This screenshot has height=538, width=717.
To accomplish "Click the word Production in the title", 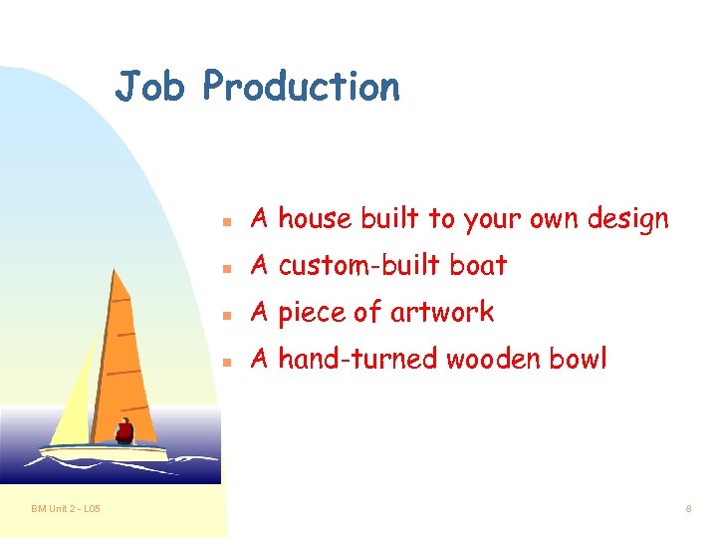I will pos(301,87).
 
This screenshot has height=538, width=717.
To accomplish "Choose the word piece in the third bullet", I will pos(312,313).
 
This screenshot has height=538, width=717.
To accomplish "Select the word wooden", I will pos(491,359).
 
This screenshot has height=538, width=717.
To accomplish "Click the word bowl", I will pos(577,359).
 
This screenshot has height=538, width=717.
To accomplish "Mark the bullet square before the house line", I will pos(227,219).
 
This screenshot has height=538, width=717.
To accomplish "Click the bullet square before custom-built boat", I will pos(227,266).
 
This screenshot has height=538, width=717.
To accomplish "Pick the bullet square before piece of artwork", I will pos(227,314).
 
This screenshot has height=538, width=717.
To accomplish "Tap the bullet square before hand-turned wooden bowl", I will pos(227,361).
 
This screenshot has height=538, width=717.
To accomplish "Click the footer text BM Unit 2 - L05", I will pos(65,510).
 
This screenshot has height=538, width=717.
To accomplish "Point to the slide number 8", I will pos(688,510).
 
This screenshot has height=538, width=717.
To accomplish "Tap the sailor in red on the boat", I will pos(124,431).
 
